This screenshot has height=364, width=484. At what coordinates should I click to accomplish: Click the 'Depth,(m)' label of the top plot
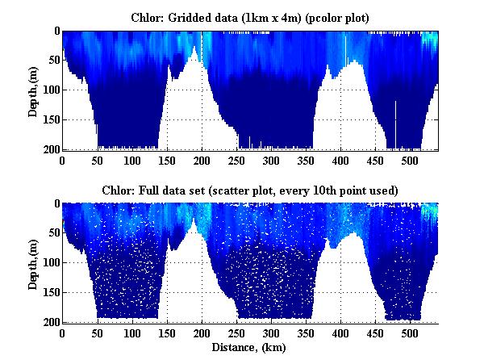(x=33, y=90)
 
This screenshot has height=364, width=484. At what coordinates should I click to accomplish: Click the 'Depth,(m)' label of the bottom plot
(x=33, y=263)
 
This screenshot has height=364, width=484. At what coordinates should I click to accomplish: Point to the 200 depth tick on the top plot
(x=50, y=149)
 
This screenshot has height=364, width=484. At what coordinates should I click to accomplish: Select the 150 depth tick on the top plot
(x=50, y=119)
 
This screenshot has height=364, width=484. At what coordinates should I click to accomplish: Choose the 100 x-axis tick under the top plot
(x=132, y=160)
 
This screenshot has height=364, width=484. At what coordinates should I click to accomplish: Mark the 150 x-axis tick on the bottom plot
(x=167, y=332)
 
